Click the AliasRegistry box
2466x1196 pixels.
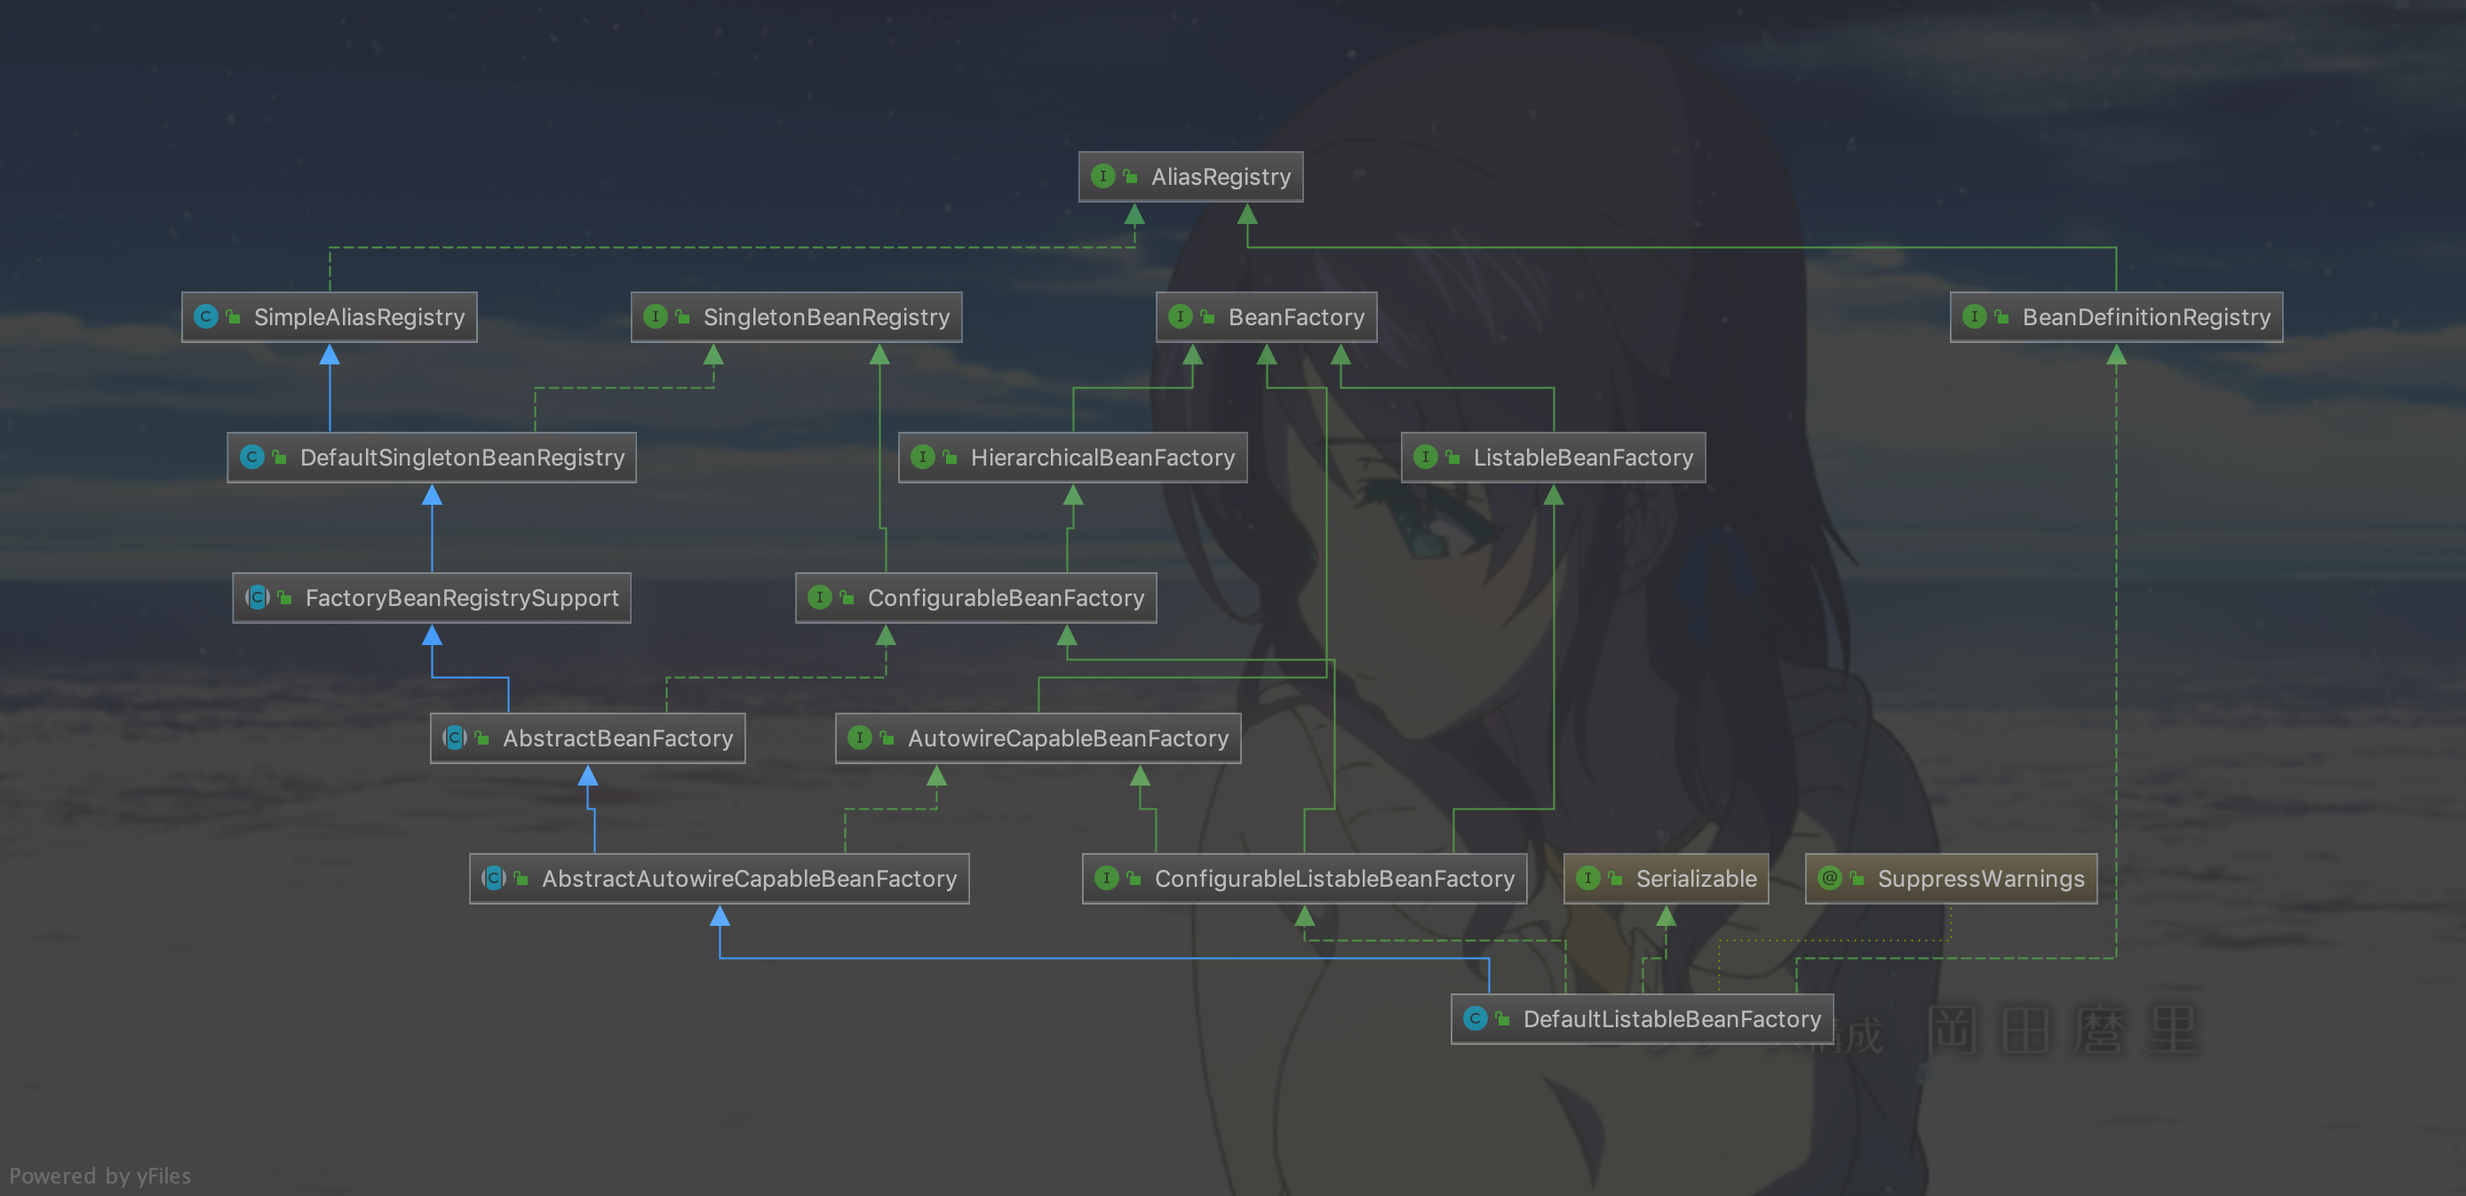(x=1190, y=176)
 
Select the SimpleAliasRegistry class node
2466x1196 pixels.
(x=330, y=317)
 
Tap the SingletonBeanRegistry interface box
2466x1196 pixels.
(x=797, y=317)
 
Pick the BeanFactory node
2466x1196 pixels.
(x=1266, y=317)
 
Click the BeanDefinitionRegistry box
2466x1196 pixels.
(x=2116, y=317)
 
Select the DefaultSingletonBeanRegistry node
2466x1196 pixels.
(x=432, y=458)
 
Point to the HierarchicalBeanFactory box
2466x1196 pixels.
(x=1072, y=458)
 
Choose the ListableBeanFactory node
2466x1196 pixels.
(x=1553, y=458)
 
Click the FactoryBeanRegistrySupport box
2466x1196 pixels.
(x=432, y=597)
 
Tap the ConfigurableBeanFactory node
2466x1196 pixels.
(x=975, y=597)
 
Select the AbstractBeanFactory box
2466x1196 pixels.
(x=588, y=738)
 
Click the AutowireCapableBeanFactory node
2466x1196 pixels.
(x=1038, y=738)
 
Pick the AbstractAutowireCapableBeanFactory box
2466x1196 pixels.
(x=719, y=878)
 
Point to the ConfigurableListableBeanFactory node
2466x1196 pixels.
(x=1304, y=878)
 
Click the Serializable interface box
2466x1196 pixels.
(x=1666, y=878)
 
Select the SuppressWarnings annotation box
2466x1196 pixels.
(x=1951, y=878)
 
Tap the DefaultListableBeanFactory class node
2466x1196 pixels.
(x=1642, y=1019)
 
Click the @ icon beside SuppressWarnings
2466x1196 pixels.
(x=1829, y=878)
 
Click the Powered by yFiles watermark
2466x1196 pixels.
(x=100, y=1176)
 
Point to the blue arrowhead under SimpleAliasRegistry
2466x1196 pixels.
(x=330, y=355)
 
